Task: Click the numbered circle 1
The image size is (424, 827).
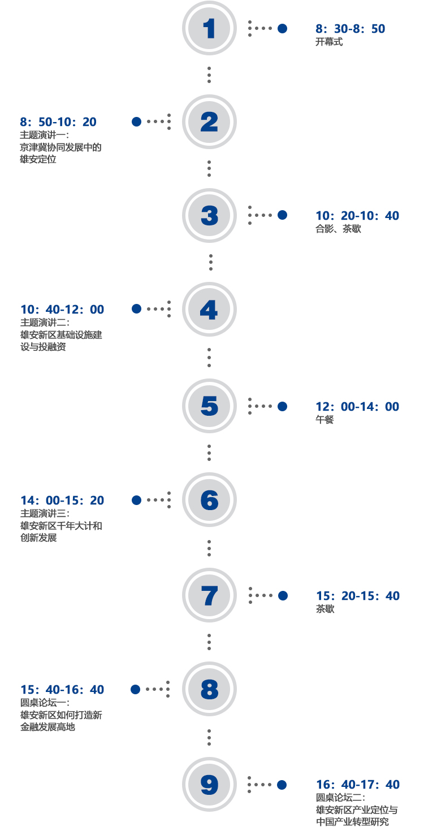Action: click(x=209, y=28)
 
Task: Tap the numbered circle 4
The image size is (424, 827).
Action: click(x=209, y=309)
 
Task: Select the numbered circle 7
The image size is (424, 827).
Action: click(x=209, y=595)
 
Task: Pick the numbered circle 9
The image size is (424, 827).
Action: click(x=209, y=784)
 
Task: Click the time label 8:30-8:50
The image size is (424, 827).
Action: click(x=351, y=29)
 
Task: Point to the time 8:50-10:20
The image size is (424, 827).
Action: click(x=58, y=122)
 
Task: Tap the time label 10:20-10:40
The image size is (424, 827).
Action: click(x=357, y=216)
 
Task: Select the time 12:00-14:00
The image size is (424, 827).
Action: click(x=357, y=407)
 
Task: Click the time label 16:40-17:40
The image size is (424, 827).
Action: click(x=358, y=785)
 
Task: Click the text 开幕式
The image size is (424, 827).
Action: click(x=329, y=42)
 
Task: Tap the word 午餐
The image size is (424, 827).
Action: click(x=325, y=420)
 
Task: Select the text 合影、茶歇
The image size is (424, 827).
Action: click(x=338, y=229)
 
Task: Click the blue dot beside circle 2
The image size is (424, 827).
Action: click(x=136, y=121)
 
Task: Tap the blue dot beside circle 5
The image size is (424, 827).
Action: click(x=282, y=406)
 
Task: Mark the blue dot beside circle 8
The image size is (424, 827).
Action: click(x=136, y=689)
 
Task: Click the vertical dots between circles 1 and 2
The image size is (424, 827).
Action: click(x=209, y=75)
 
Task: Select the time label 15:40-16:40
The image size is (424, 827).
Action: click(x=62, y=690)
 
